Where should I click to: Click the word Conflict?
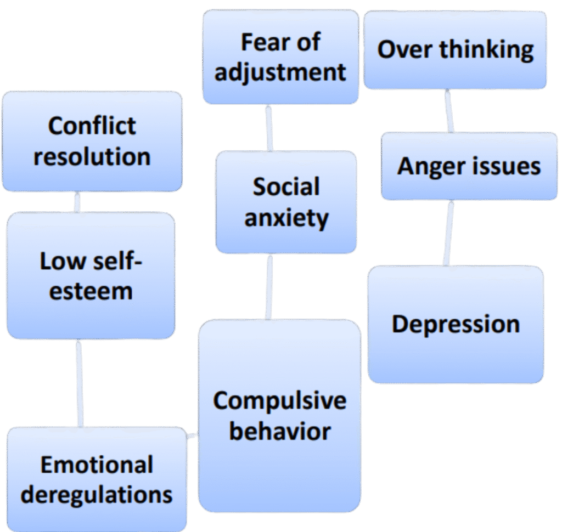(92, 126)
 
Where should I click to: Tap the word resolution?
(92, 157)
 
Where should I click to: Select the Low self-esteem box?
(91, 275)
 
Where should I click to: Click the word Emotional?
(96, 465)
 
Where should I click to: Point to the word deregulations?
(96, 495)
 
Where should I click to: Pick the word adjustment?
(280, 72)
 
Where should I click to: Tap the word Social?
(286, 188)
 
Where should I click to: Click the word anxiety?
(286, 218)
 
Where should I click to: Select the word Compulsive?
(280, 400)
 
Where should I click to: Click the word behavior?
(280, 431)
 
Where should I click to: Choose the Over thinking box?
(455, 50)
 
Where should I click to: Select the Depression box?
(456, 324)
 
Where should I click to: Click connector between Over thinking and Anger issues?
(450, 111)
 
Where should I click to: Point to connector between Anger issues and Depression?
(448, 233)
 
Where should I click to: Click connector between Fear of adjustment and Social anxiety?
(268, 128)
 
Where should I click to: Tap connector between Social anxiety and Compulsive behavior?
(268, 287)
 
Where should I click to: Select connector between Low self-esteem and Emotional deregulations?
(80, 383)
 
